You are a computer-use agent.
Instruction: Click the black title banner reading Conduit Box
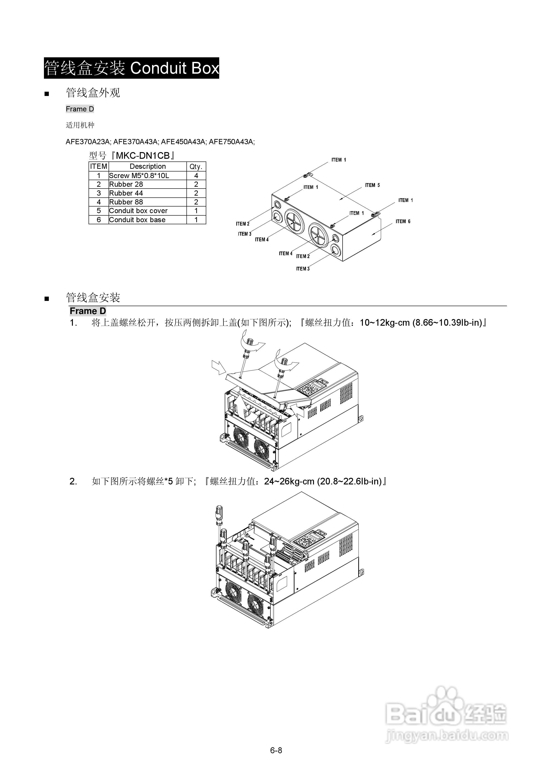coord(131,68)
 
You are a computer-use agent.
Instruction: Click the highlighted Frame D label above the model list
coord(80,109)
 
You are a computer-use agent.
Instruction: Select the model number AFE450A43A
coord(183,142)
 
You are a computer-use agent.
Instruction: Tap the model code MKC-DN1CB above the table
coord(142,156)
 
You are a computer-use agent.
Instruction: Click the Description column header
coord(148,166)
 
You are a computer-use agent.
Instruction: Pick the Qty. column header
coord(196,166)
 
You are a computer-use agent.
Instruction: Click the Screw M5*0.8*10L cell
coord(139,176)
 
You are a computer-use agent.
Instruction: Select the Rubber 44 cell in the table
coord(126,193)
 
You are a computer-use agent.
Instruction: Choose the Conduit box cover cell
coord(138,211)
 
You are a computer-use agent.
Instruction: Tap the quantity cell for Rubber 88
coord(196,202)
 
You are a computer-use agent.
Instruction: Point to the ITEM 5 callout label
coord(372,185)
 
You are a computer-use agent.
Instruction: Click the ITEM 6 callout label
coord(403,222)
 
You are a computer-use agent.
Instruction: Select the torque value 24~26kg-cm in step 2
coord(289,481)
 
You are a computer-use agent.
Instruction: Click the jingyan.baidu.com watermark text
coord(447,735)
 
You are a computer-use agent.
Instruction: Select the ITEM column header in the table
coord(99,166)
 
